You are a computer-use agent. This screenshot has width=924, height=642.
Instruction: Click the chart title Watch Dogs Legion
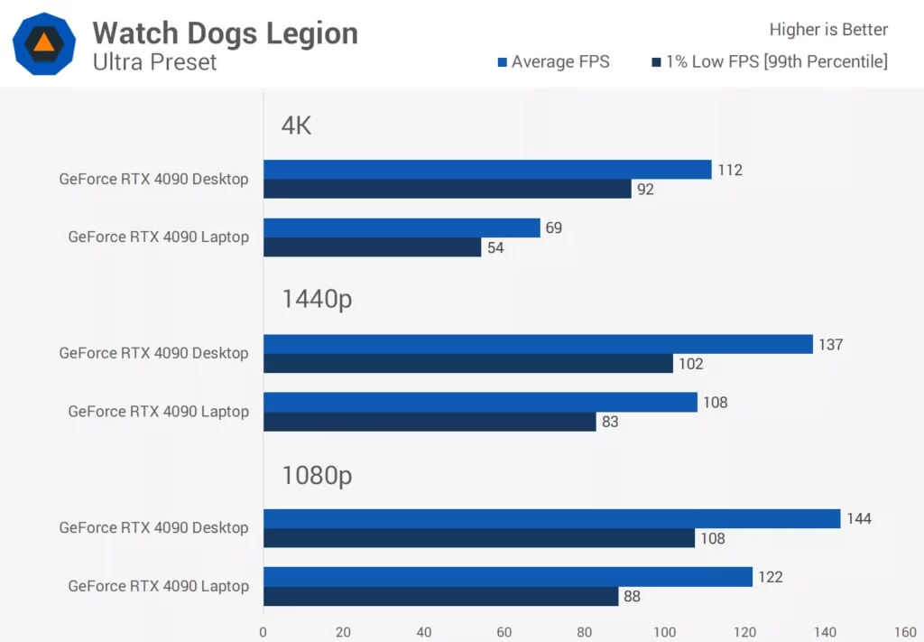click(225, 33)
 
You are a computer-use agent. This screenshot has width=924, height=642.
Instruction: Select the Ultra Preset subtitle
click(154, 62)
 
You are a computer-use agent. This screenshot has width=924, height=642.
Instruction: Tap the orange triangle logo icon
click(43, 43)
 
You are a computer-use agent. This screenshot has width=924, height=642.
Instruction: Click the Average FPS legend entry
click(553, 61)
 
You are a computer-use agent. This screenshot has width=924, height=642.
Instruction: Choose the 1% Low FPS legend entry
click(769, 61)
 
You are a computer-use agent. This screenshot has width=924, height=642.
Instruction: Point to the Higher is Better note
click(828, 30)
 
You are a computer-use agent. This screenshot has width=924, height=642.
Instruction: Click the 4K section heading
click(296, 126)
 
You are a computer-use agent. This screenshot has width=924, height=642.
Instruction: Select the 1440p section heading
click(316, 300)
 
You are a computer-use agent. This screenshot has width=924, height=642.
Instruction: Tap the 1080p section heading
click(316, 475)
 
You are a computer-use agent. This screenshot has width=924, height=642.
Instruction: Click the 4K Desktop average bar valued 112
click(487, 170)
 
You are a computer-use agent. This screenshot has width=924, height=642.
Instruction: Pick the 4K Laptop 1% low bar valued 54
click(372, 247)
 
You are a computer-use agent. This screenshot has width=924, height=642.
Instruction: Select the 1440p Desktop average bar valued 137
click(538, 344)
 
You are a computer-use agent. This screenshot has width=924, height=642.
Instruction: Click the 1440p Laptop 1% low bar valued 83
click(430, 422)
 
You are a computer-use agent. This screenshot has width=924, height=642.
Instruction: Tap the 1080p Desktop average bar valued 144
click(551, 518)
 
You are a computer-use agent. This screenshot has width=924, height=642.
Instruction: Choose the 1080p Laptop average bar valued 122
click(507, 577)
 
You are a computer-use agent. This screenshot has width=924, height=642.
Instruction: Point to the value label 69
click(553, 228)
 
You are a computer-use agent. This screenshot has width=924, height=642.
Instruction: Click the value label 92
click(645, 190)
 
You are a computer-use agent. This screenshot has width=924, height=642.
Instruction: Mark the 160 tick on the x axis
click(904, 632)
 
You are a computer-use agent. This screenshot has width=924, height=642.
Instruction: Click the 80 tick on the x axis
click(584, 632)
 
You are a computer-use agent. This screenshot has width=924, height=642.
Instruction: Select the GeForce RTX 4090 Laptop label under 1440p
click(158, 412)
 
